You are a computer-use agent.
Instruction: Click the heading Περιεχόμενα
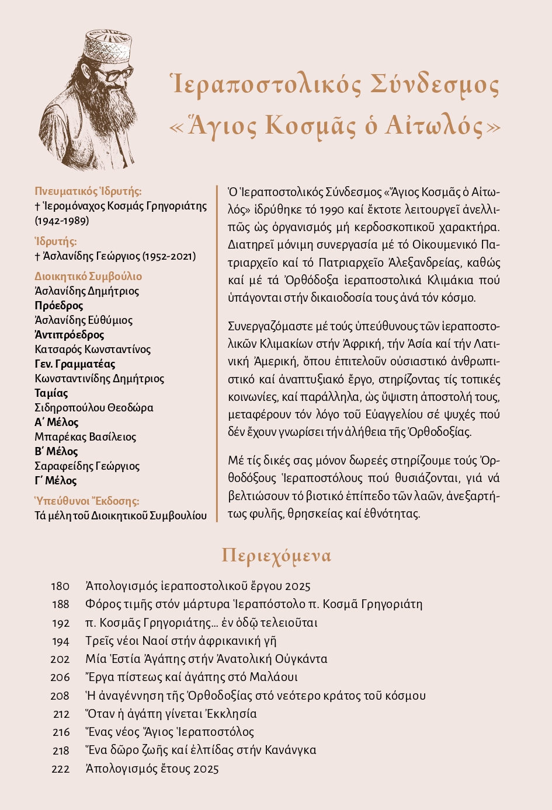tap(276, 556)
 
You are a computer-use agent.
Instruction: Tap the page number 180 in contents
tap(60, 586)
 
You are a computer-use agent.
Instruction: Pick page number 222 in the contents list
tap(60, 769)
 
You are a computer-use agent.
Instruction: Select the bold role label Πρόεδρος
tap(59, 306)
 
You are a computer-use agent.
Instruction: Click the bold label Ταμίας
tap(51, 393)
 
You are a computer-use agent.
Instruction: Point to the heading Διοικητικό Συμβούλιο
tap(88, 277)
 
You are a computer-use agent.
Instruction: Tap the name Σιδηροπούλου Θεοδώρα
tap(94, 408)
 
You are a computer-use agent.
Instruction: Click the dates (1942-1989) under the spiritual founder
tap(62, 221)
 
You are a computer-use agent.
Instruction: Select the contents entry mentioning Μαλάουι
tap(191, 678)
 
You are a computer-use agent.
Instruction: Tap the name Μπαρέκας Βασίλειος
tap(85, 437)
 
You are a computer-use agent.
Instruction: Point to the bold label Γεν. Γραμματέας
tap(75, 364)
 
